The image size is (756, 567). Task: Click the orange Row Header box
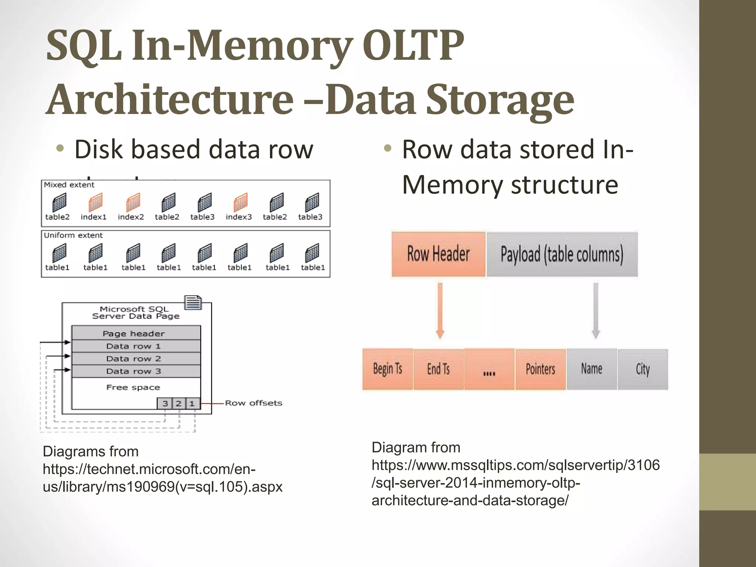coord(438,254)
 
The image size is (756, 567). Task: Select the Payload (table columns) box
coord(562,254)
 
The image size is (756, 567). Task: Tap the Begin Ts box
coord(387,369)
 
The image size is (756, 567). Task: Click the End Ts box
coord(438,369)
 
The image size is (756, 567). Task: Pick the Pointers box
coord(540,369)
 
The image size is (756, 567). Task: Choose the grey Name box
coord(591,369)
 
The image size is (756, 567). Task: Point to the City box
coord(643,369)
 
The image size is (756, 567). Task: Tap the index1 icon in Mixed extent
coord(95,203)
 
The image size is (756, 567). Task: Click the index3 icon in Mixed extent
coord(240,203)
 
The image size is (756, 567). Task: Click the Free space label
coord(133,387)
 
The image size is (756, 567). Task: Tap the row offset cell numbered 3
coord(165,403)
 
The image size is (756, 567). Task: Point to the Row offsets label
coord(254,403)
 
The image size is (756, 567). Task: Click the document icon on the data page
coord(193,302)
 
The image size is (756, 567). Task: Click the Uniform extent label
coord(73,235)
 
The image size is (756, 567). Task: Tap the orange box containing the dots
coord(489,369)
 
